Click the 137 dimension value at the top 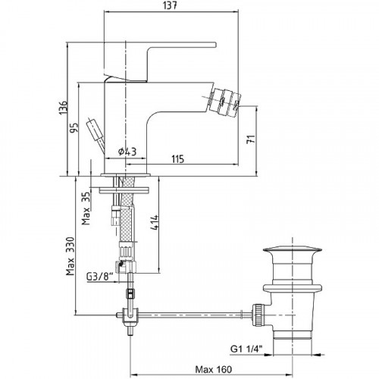170,5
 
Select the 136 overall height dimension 63,108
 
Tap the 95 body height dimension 74,128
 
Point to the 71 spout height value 251,139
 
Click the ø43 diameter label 127,152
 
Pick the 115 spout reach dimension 178,159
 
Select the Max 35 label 86,208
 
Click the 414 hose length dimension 155,222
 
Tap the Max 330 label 70,256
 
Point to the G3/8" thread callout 99,277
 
